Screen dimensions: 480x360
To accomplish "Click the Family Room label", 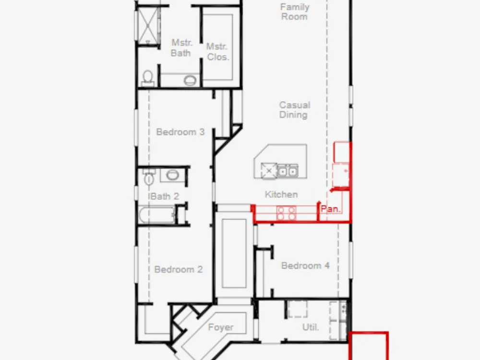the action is point(295,12).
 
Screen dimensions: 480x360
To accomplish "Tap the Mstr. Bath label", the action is point(181,48).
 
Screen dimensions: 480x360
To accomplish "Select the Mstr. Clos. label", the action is point(217,52).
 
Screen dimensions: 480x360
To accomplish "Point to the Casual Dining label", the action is point(295,110).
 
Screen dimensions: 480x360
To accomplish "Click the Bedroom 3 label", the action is point(180,132).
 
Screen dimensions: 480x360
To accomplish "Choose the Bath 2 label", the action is point(164,196).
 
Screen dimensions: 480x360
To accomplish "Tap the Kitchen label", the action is point(281,194).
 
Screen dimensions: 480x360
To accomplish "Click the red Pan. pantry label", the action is point(330,209).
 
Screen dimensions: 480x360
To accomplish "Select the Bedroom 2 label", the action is point(179,269).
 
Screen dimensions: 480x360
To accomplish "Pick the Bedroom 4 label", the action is point(305,265).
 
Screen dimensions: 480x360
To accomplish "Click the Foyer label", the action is point(221,327).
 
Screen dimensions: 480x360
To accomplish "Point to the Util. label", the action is point(311,327).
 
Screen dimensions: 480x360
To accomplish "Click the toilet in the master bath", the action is point(148,78).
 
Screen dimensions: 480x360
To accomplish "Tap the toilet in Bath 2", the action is point(149,177).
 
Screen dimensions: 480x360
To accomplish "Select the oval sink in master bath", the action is point(190,81).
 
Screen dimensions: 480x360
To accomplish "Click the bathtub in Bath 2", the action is point(157,215).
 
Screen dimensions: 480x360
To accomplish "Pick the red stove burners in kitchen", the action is point(287,213).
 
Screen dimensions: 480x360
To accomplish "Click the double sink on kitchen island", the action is point(288,171).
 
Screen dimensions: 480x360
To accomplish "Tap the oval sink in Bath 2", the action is point(173,175).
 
